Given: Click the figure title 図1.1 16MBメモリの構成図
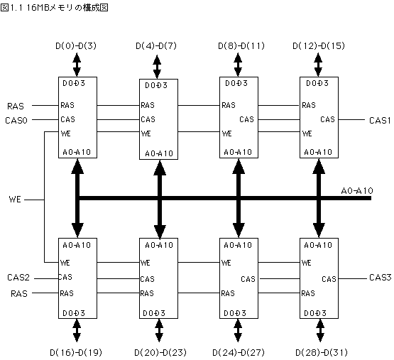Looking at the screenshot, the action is point(54,8).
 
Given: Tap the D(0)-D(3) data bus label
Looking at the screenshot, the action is point(76,45).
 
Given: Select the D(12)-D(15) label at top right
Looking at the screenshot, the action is point(319,45).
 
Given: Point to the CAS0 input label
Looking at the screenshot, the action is point(16,121).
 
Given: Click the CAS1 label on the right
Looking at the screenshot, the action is point(380,121).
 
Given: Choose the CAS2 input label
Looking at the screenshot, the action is point(18,278).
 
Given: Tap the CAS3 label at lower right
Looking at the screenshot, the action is point(381,278).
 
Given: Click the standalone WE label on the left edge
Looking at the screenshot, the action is point(15,200).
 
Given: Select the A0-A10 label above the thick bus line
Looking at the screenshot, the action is point(357,191).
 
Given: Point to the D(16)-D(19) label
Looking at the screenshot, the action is point(76,352).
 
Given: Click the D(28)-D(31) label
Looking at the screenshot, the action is point(322,352).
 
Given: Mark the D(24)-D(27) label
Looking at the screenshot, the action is point(239,352).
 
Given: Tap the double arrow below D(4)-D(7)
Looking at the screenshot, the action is point(157,67).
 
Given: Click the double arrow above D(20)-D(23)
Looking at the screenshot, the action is point(159,331).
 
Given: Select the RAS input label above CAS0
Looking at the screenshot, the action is point(16,106).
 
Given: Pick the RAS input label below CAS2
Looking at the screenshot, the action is point(19,294).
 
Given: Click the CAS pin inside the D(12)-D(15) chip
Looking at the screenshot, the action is point(328,119).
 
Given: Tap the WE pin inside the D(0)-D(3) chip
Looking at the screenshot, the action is point(66,133).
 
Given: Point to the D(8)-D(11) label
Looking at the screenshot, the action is point(241,45).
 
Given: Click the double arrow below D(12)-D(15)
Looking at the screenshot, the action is point(318,65).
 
